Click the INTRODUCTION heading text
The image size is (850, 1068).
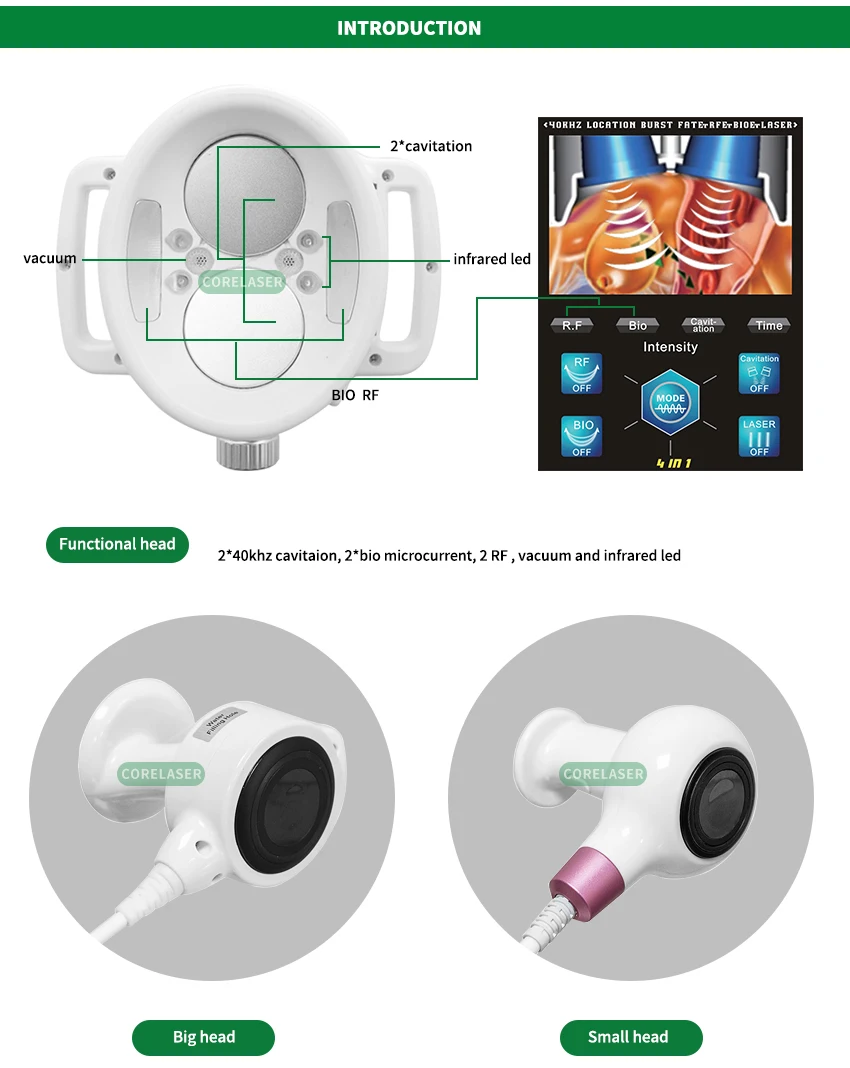409,28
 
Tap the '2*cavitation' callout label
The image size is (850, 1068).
431,146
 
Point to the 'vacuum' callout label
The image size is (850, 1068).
50,258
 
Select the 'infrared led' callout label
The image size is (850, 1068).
492,259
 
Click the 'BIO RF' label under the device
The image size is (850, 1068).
355,395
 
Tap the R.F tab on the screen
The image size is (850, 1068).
572,325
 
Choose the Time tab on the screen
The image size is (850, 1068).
769,325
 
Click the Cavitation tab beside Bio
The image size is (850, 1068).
703,325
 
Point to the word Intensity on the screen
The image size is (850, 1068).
670,347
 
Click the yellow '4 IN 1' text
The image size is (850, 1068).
673,463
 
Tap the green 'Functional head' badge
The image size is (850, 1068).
117,544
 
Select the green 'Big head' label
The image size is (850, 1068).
204,1037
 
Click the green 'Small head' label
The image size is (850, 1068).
628,1037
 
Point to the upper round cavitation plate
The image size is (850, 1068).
243,189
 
